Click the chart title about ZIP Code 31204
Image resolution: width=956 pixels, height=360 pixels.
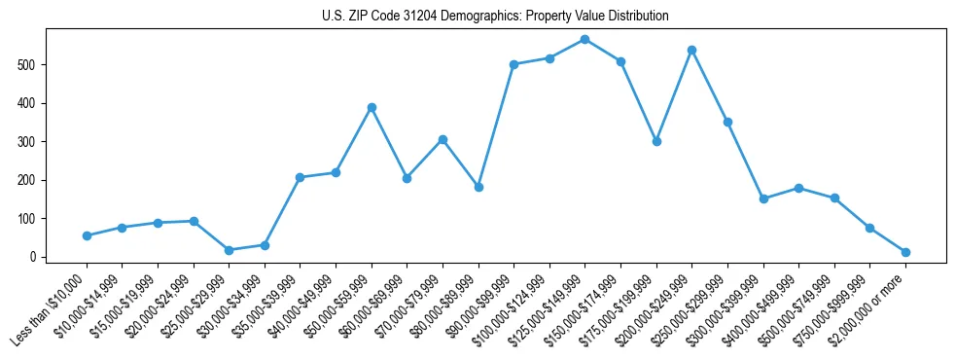click(495, 17)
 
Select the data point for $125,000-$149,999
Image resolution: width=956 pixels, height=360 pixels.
click(584, 40)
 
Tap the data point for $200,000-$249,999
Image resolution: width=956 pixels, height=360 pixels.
click(691, 50)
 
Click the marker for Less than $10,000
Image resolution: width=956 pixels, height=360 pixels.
click(87, 235)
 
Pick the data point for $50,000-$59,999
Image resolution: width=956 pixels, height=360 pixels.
click(372, 107)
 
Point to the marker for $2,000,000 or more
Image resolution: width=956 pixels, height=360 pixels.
click(905, 252)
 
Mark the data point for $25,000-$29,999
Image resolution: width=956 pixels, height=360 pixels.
click(229, 250)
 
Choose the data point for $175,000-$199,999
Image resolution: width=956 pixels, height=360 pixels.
click(656, 141)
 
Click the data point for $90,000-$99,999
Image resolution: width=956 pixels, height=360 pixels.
click(513, 64)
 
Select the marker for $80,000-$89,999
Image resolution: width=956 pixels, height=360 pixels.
click(478, 187)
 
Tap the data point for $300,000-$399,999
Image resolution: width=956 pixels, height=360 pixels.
click(763, 198)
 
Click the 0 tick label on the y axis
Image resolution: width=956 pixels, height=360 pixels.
click(34, 258)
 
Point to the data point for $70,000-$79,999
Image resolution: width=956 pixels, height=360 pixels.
click(443, 139)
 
